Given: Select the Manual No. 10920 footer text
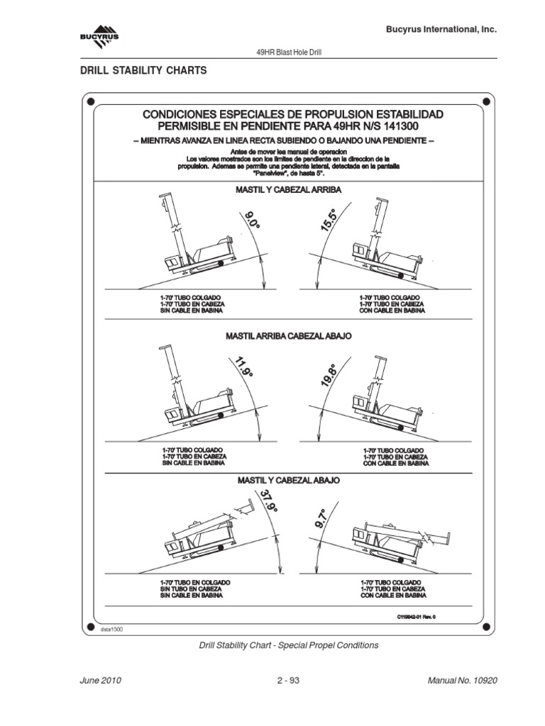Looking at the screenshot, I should tap(463, 681).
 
